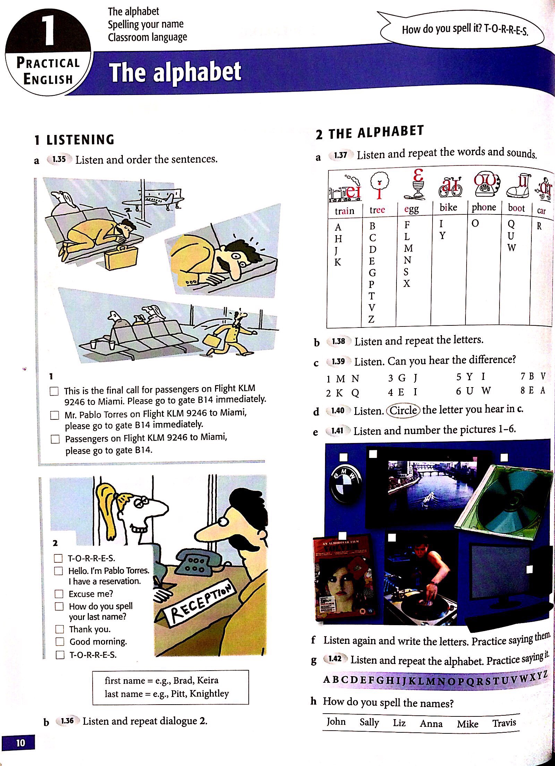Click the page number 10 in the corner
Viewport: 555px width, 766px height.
(x=20, y=743)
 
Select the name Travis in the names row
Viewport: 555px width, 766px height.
(x=504, y=723)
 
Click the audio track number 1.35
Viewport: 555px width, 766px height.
(x=59, y=159)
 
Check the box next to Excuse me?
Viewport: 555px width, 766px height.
(x=59, y=594)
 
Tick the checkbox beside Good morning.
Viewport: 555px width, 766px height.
(x=60, y=641)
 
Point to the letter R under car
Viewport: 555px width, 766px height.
(x=539, y=226)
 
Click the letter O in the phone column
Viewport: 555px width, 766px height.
(x=475, y=223)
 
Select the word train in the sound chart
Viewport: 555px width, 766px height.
(x=344, y=211)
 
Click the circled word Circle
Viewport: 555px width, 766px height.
(x=403, y=410)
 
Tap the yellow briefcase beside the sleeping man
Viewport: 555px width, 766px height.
(x=121, y=258)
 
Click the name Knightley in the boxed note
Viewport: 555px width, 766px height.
(x=210, y=693)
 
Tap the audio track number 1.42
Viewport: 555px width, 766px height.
(x=335, y=658)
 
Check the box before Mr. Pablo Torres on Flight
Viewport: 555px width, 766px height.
(x=54, y=415)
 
